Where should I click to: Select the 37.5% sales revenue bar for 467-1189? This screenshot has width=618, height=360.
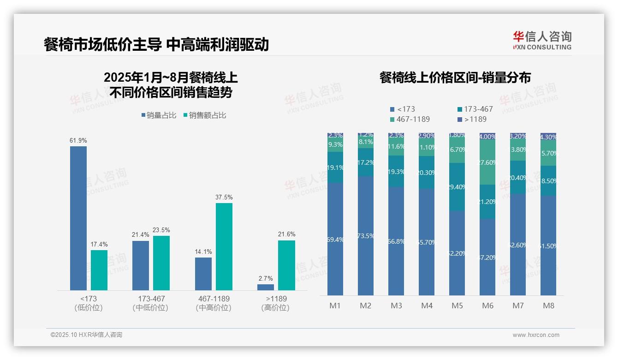click(x=224, y=246)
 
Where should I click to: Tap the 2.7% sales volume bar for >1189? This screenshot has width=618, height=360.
click(x=266, y=287)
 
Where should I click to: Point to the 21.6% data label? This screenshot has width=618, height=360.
click(x=287, y=234)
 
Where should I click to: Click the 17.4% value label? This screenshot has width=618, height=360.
click(x=99, y=244)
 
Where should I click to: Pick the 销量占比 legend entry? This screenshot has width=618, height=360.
click(x=159, y=115)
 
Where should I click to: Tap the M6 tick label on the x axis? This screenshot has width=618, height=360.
click(x=488, y=306)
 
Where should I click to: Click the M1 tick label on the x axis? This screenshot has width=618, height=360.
click(x=335, y=306)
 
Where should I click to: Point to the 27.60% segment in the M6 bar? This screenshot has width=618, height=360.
click(x=488, y=162)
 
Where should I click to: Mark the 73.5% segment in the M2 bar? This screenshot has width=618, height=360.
click(x=366, y=235)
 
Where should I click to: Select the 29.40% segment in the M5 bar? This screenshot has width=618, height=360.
click(x=457, y=187)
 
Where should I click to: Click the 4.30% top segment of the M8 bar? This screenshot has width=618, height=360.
click(x=548, y=137)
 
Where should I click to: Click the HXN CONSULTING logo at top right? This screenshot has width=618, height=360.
click(x=542, y=41)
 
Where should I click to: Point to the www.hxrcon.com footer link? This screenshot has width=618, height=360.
click(x=536, y=335)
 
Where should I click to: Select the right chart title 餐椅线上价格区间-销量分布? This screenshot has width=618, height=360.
click(x=455, y=78)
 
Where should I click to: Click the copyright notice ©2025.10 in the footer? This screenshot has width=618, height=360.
click(x=86, y=335)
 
